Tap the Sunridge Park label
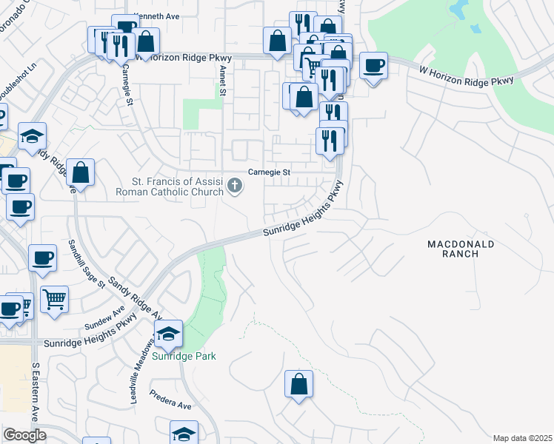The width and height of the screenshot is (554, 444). [x=184, y=356]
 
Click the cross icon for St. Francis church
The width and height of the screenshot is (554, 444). [x=235, y=185]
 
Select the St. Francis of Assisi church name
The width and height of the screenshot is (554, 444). [x=170, y=187]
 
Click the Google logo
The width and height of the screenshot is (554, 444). [x=24, y=435]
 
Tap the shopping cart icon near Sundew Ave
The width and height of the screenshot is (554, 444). [x=54, y=299]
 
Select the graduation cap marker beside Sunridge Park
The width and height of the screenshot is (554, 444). [x=169, y=334]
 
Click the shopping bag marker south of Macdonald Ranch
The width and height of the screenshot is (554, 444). [x=298, y=383]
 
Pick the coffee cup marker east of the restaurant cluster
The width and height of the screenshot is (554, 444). [x=373, y=65]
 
